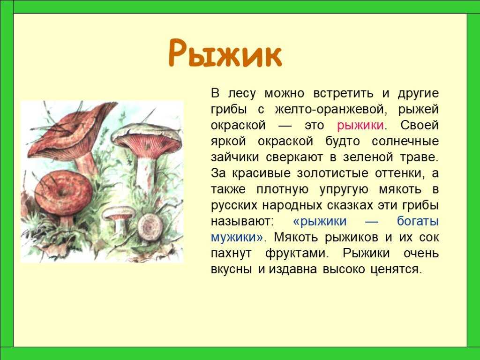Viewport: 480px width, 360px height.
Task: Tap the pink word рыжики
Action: [x=360, y=126]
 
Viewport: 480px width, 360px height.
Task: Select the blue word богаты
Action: [x=418, y=221]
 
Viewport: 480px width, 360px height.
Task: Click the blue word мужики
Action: [x=237, y=237]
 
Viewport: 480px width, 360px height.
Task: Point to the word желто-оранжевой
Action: [x=330, y=109]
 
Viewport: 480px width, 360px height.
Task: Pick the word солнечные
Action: [x=405, y=141]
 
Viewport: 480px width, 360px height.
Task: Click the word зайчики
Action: [x=235, y=157]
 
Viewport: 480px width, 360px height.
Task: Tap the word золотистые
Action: [x=332, y=173]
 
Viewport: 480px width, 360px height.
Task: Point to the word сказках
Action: [x=350, y=205]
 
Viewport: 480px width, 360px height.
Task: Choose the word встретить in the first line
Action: [x=343, y=93]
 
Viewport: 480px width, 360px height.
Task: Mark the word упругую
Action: [x=344, y=190]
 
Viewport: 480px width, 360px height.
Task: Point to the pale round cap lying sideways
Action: [x=150, y=227]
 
